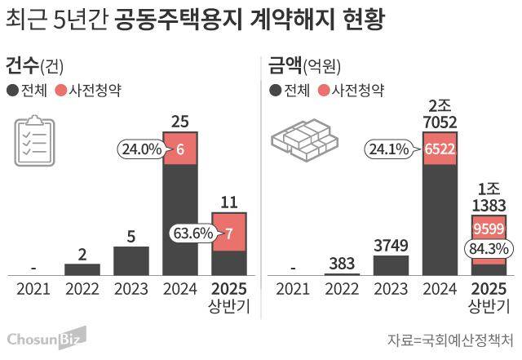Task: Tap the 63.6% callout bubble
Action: coord(192,233)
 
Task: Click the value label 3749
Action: coord(391,245)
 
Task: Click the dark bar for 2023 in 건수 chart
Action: coord(131,260)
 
